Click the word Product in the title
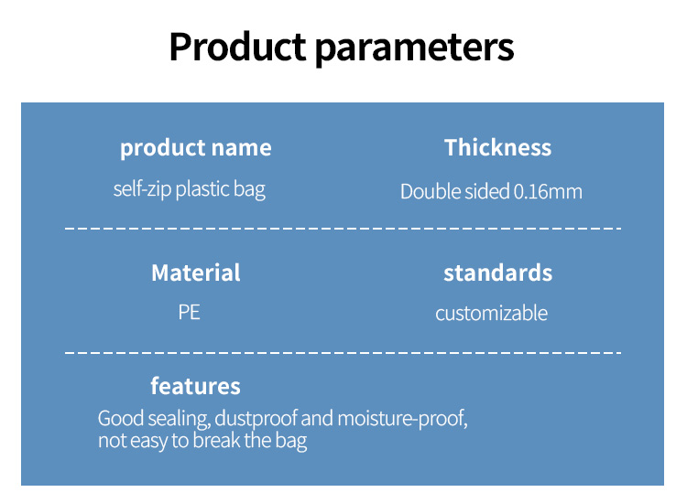pyautogui.click(x=237, y=47)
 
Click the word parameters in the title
pyautogui.click(x=414, y=49)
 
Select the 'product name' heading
pyautogui.click(x=196, y=148)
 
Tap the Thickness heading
pyautogui.click(x=497, y=147)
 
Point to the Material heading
pyautogui.click(x=196, y=273)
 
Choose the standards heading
pyautogui.click(x=497, y=273)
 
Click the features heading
pyautogui.click(x=195, y=386)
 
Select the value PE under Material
pyautogui.click(x=190, y=312)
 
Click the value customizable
pyautogui.click(x=491, y=313)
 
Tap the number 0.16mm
pyautogui.click(x=548, y=192)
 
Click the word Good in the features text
pyautogui.click(x=121, y=419)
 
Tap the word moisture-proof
pyautogui.click(x=402, y=419)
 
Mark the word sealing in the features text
pyautogui.click(x=179, y=419)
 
